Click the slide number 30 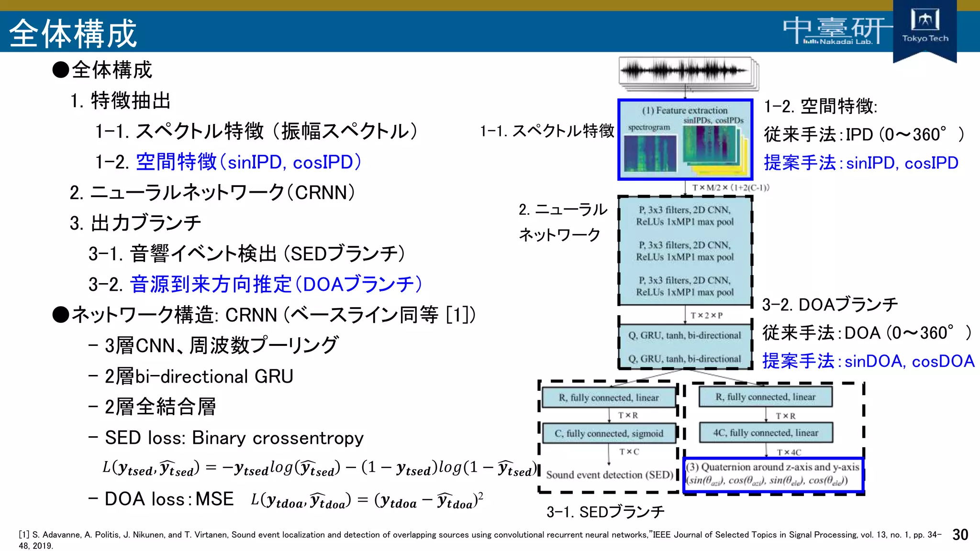click(960, 535)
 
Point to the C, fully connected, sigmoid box click(609, 433)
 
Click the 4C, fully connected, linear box click(766, 432)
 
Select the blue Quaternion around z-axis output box click(773, 474)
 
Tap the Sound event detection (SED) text click(609, 475)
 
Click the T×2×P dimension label click(706, 315)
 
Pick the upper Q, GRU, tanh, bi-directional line click(684, 335)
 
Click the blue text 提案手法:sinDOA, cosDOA click(868, 361)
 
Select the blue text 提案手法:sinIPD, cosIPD click(861, 163)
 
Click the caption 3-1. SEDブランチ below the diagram click(605, 512)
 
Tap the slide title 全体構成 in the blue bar click(73, 33)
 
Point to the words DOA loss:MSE click(169, 499)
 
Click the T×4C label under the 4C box click(789, 452)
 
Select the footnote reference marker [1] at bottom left click(24, 535)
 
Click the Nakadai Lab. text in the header click(846, 42)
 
